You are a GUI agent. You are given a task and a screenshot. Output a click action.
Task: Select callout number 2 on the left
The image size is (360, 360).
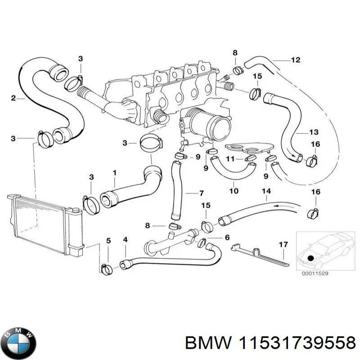pyautogui.click(x=13, y=98)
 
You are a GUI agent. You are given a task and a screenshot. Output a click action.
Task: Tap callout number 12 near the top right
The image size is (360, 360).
pyautogui.click(x=295, y=60)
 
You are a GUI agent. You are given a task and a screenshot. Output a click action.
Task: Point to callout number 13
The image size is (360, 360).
pyautogui.click(x=314, y=132)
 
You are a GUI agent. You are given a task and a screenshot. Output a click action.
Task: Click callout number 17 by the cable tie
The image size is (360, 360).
pyautogui.click(x=283, y=245)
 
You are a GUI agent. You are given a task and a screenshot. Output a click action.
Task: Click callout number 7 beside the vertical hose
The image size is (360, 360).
pyautogui.click(x=202, y=193)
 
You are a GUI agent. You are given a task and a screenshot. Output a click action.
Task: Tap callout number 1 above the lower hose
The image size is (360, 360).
pyautogui.click(x=114, y=172)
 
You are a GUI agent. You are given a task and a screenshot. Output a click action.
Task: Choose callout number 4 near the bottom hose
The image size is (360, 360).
pyautogui.click(x=125, y=239)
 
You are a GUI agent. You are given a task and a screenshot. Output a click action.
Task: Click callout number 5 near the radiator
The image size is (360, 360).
pyautogui.click(x=108, y=241)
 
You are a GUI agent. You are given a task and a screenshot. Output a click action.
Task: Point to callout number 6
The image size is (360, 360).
pyautogui.click(x=227, y=237)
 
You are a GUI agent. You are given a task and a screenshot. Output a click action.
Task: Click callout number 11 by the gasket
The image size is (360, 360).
pyautogui.click(x=230, y=158)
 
